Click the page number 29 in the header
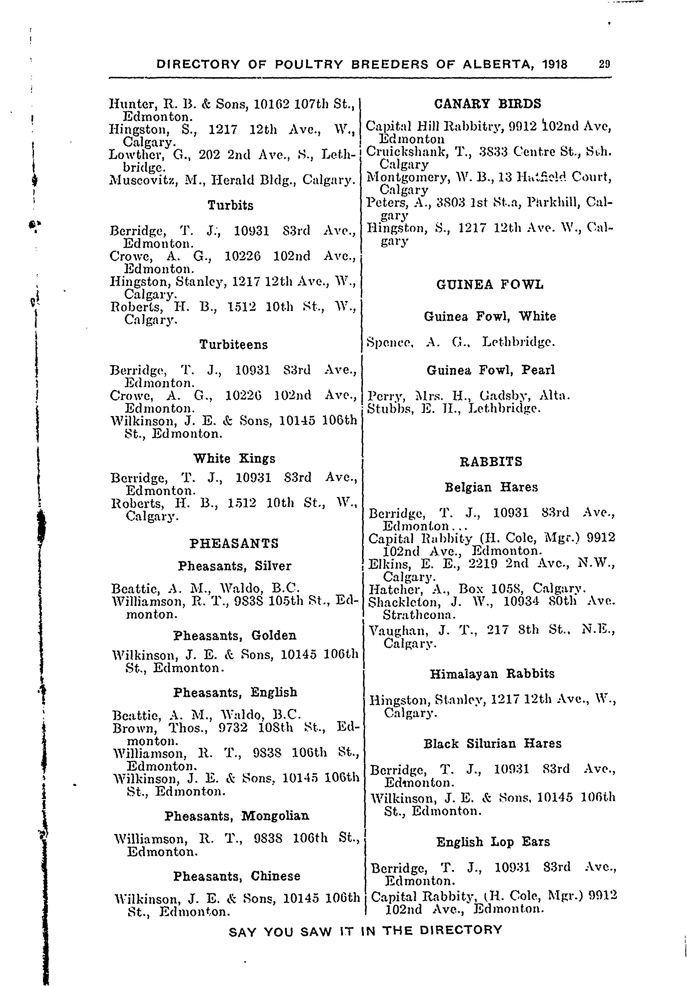click(x=604, y=65)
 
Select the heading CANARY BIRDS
click(x=488, y=104)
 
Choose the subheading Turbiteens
click(x=233, y=344)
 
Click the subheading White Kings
click(x=234, y=459)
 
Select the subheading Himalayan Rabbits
click(x=492, y=674)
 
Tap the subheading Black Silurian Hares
click(x=492, y=744)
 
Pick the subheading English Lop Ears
click(x=493, y=842)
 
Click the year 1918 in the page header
click(x=554, y=65)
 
